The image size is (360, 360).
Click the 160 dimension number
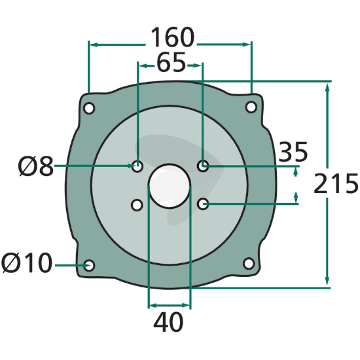(172, 37)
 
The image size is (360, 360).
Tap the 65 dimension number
(171, 62)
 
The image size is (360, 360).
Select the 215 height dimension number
(335, 183)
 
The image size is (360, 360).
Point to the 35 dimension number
(293, 152)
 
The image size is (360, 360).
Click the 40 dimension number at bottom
(168, 322)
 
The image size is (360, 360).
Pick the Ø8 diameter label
(35, 166)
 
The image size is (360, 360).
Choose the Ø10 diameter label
(27, 263)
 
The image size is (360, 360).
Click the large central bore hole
(170, 186)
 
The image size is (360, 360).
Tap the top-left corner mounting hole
(89, 108)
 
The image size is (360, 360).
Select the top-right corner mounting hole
(251, 107)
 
